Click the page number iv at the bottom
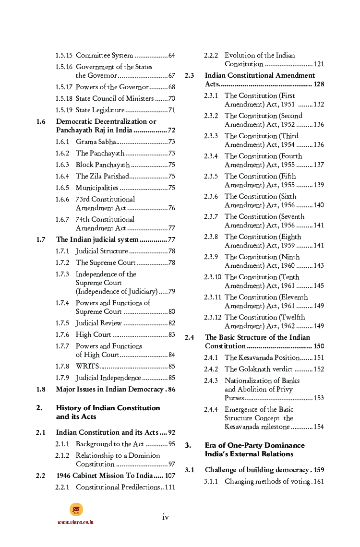(165, 517)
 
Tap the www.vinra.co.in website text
(75, 522)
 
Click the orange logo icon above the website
(76, 510)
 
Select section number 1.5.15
(64, 56)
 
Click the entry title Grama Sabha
(96, 142)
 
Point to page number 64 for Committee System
(172, 56)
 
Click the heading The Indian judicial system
(97, 239)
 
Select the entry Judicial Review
(98, 323)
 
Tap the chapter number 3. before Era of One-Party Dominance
(188, 446)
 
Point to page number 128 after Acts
(319, 84)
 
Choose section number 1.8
(41, 390)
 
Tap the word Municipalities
(97, 188)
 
